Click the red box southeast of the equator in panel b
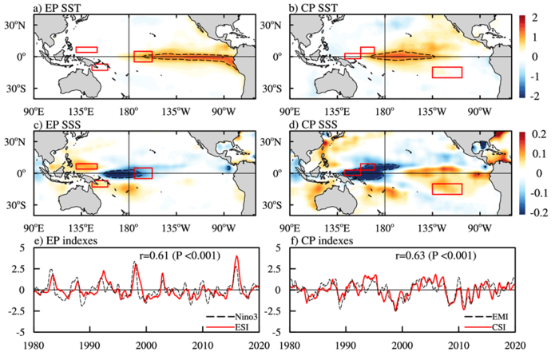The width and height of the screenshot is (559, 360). tap(446, 72)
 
